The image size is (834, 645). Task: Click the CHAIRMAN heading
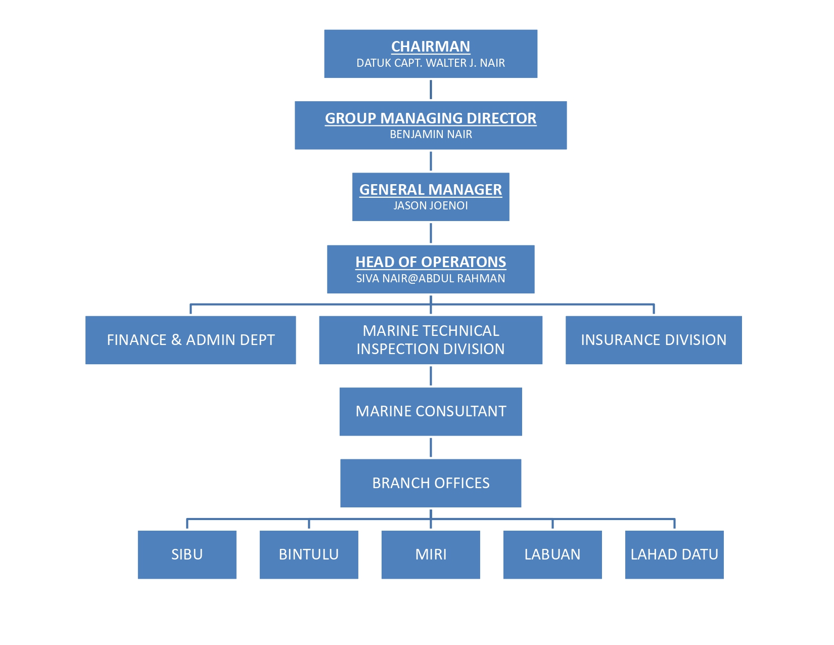(x=430, y=47)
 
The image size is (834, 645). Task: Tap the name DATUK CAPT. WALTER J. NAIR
(x=430, y=63)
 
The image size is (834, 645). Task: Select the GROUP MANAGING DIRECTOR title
(x=430, y=118)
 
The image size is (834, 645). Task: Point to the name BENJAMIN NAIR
(x=430, y=135)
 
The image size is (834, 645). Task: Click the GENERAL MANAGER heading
(x=430, y=190)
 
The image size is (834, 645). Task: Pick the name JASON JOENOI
(x=430, y=206)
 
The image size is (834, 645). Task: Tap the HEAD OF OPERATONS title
(x=430, y=262)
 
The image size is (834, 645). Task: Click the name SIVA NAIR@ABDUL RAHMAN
(x=430, y=279)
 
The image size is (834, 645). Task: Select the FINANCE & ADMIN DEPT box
(x=191, y=340)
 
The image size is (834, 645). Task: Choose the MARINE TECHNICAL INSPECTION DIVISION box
(x=430, y=340)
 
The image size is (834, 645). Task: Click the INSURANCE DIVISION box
(x=653, y=340)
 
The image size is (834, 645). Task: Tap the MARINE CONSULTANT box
(x=430, y=411)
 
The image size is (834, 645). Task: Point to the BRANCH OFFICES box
(x=430, y=483)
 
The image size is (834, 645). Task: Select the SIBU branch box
(x=187, y=554)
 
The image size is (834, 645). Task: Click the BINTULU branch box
(x=309, y=554)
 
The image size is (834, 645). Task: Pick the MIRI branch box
(x=430, y=554)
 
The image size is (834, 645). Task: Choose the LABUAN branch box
(x=552, y=554)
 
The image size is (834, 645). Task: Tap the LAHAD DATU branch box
(x=674, y=554)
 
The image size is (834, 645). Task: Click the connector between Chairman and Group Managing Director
(x=431, y=90)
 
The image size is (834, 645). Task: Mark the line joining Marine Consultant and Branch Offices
(x=431, y=447)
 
